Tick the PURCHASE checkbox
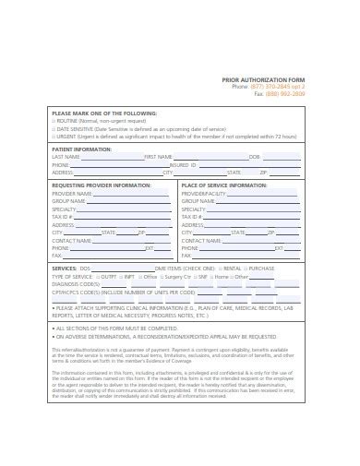point(246,269)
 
